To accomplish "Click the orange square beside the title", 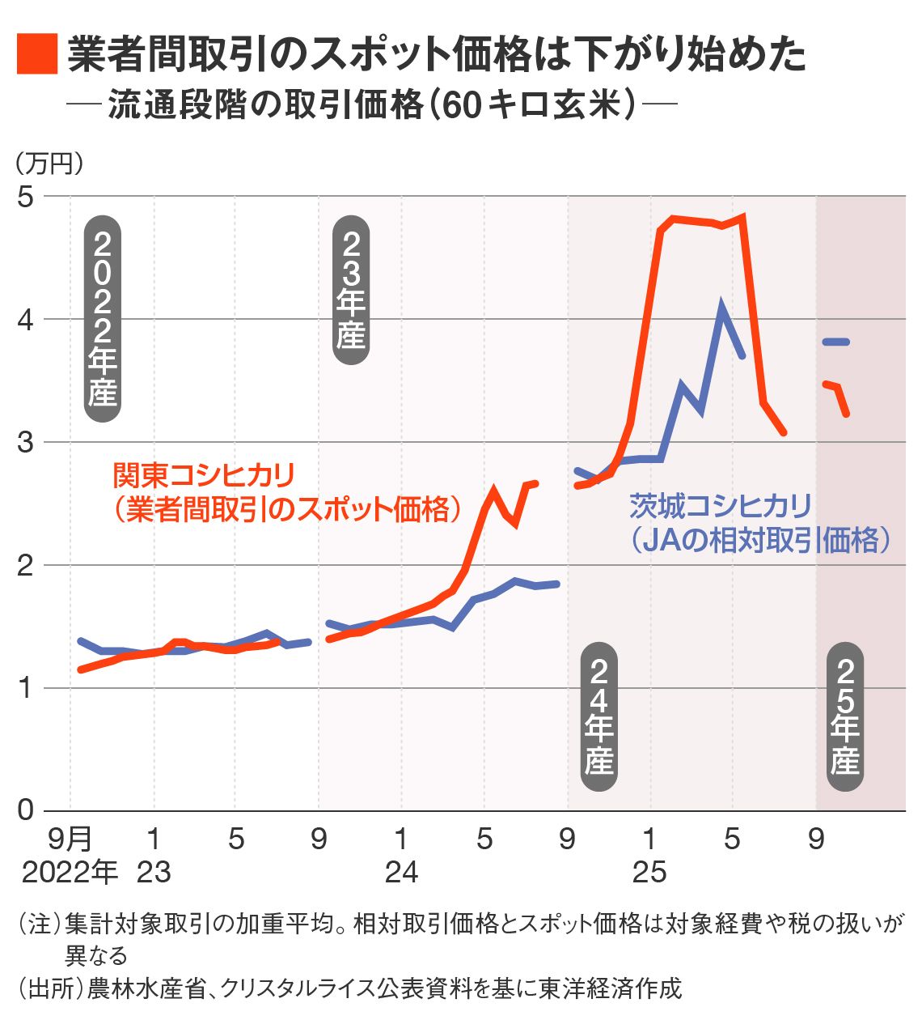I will (x=37, y=54).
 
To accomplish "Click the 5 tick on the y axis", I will (x=26, y=197).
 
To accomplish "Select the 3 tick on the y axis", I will (x=26, y=442).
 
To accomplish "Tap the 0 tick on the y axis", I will (x=26, y=810).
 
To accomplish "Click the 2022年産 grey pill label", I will (x=103, y=319).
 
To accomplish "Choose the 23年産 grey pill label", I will (x=351, y=290).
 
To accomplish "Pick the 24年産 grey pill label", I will (x=598, y=717).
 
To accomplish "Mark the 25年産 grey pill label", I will (x=845, y=717).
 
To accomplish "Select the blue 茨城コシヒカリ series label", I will (x=759, y=523).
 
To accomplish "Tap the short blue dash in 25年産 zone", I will (x=835, y=342).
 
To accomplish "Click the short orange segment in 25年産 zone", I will (x=837, y=397).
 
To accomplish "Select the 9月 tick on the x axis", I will (x=70, y=839).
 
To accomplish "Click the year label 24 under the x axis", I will (x=401, y=872).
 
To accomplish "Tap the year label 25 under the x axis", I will (x=649, y=872).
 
